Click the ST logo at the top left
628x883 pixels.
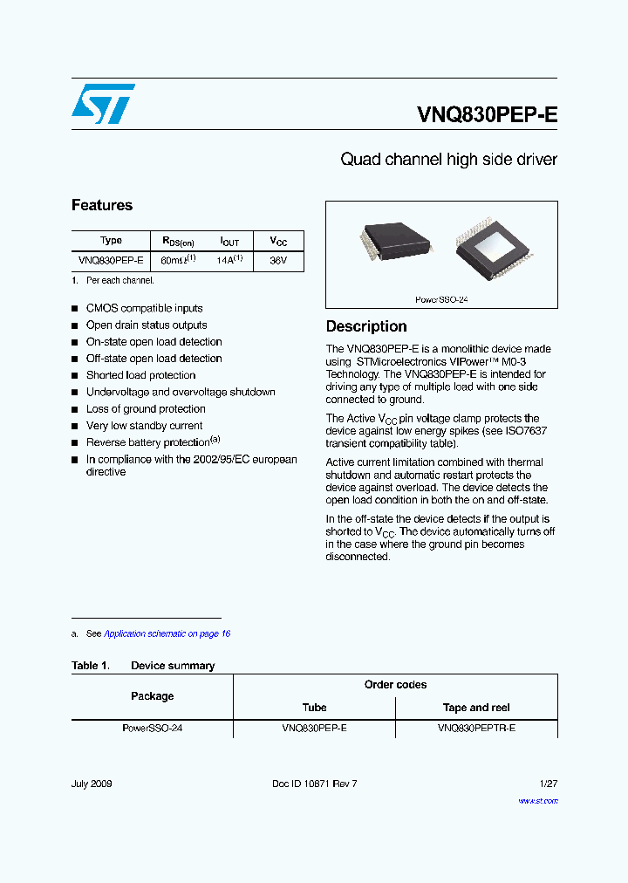(103, 104)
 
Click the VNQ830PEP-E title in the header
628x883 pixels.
(487, 116)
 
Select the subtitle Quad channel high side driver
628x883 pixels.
(448, 160)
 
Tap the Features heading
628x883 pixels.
(102, 205)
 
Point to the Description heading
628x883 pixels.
(366, 326)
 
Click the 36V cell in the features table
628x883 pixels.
(278, 260)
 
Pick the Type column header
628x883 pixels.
(112, 241)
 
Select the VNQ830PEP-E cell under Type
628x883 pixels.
(111, 260)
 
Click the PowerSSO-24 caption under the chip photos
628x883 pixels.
(441, 299)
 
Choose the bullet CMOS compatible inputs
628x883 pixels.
(144, 308)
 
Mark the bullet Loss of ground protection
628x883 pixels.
(146, 408)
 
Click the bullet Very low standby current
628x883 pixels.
(144, 425)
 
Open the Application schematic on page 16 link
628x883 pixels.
(167, 633)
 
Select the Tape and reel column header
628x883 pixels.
(476, 708)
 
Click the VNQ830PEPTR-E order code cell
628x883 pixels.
(476, 728)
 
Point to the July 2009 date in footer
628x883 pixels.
(92, 784)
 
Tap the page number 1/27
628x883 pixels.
(547, 784)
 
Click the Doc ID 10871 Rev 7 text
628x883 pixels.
(315, 784)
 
